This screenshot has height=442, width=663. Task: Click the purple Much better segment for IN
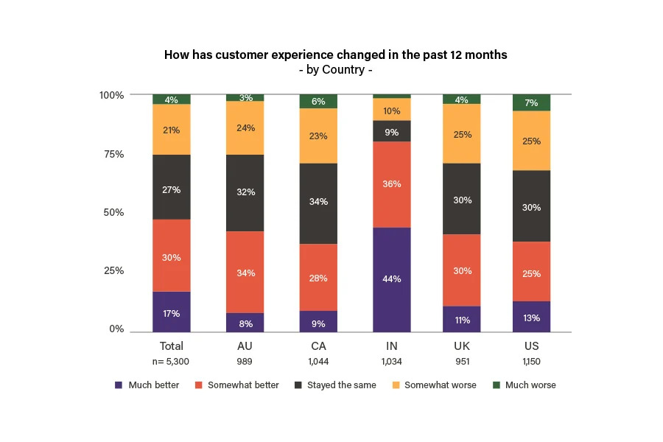tap(392, 279)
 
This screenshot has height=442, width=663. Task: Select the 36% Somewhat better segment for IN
tap(392, 184)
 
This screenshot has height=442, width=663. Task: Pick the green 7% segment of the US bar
tap(532, 103)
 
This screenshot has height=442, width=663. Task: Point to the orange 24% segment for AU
tap(245, 127)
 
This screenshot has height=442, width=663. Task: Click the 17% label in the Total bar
tap(172, 313)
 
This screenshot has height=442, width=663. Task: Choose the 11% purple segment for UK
tap(462, 320)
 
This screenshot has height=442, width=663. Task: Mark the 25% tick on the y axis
tap(113, 270)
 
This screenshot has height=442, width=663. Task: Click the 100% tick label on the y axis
tap(111, 95)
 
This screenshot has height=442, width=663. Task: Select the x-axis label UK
tap(462, 345)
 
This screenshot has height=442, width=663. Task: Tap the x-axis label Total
tap(172, 345)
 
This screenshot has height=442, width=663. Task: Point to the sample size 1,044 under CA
tap(318, 362)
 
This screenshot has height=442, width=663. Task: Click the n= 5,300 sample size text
tap(172, 362)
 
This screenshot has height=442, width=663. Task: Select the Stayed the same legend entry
tap(341, 385)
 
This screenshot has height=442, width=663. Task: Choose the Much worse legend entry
tap(530, 385)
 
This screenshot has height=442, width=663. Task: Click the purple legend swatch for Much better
tap(119, 385)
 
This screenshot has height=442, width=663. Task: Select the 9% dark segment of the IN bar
tap(392, 131)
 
